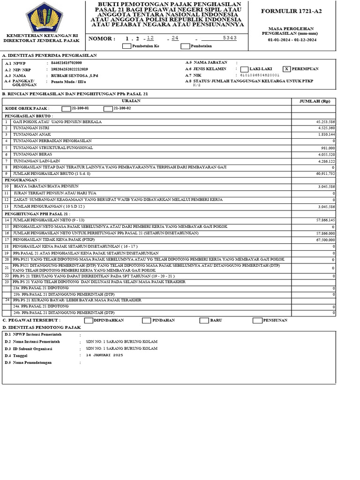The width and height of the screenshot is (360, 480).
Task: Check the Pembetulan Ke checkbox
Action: [x=127, y=46]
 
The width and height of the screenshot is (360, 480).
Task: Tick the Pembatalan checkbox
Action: [x=185, y=46]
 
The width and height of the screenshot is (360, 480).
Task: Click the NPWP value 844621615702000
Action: [x=66, y=63]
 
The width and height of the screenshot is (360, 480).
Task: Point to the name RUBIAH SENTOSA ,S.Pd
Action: [x=71, y=75]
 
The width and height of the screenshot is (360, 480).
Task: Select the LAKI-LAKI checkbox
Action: [x=244, y=69]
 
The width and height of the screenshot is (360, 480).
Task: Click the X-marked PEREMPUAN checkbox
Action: [x=286, y=69]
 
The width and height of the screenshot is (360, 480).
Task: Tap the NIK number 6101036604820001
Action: [x=260, y=75]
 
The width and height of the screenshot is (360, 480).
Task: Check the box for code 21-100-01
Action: [x=66, y=109]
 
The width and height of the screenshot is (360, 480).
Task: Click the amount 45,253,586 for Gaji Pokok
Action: [x=325, y=121]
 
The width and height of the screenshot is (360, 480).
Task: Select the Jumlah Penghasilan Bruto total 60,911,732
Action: [x=325, y=174]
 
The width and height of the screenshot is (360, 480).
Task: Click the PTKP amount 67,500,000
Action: [x=325, y=240]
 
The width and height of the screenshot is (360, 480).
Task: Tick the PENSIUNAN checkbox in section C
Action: [x=257, y=321]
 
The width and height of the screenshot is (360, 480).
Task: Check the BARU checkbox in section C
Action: [x=204, y=321]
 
